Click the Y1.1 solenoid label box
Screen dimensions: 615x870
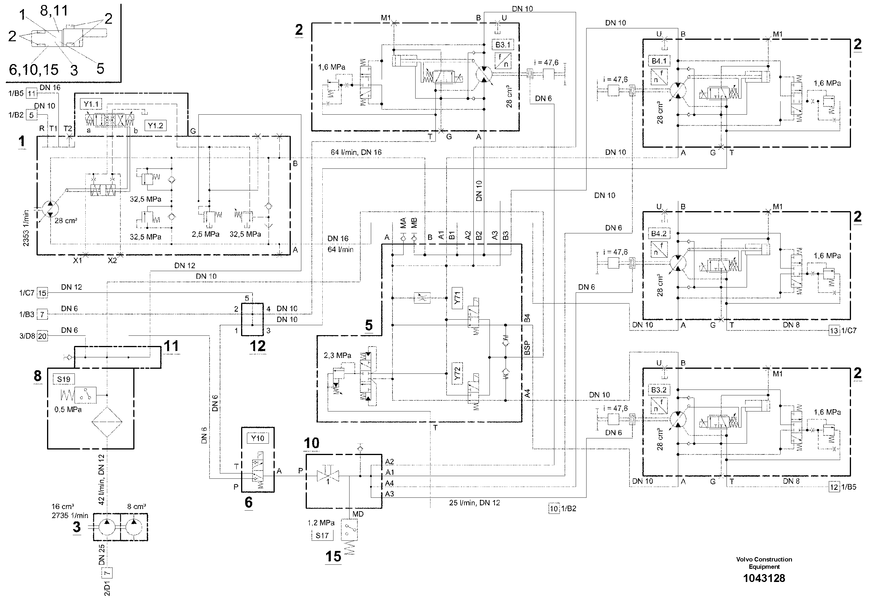91,104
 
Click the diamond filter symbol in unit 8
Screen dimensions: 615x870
107,422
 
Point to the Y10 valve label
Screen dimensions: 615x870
258,438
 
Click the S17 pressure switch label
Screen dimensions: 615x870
322,535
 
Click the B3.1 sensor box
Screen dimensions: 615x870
503,45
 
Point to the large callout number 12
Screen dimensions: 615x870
257,346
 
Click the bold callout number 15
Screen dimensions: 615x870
333,556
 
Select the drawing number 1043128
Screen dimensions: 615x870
764,578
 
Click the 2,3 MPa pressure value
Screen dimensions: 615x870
337,355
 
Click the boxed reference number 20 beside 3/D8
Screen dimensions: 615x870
42,336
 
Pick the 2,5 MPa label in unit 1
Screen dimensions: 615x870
205,234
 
